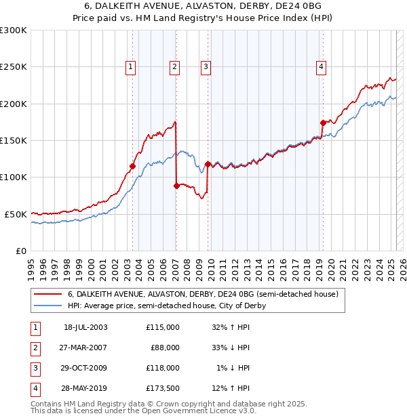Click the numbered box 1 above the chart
130,66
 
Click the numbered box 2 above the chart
174,66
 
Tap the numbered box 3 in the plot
205,66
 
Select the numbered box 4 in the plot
320,66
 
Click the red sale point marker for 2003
133,166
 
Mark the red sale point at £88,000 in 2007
176,185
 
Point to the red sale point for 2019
323,123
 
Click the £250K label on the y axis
14,67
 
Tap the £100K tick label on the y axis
14,177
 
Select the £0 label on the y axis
20,251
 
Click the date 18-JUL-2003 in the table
85,327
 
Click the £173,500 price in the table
163,388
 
